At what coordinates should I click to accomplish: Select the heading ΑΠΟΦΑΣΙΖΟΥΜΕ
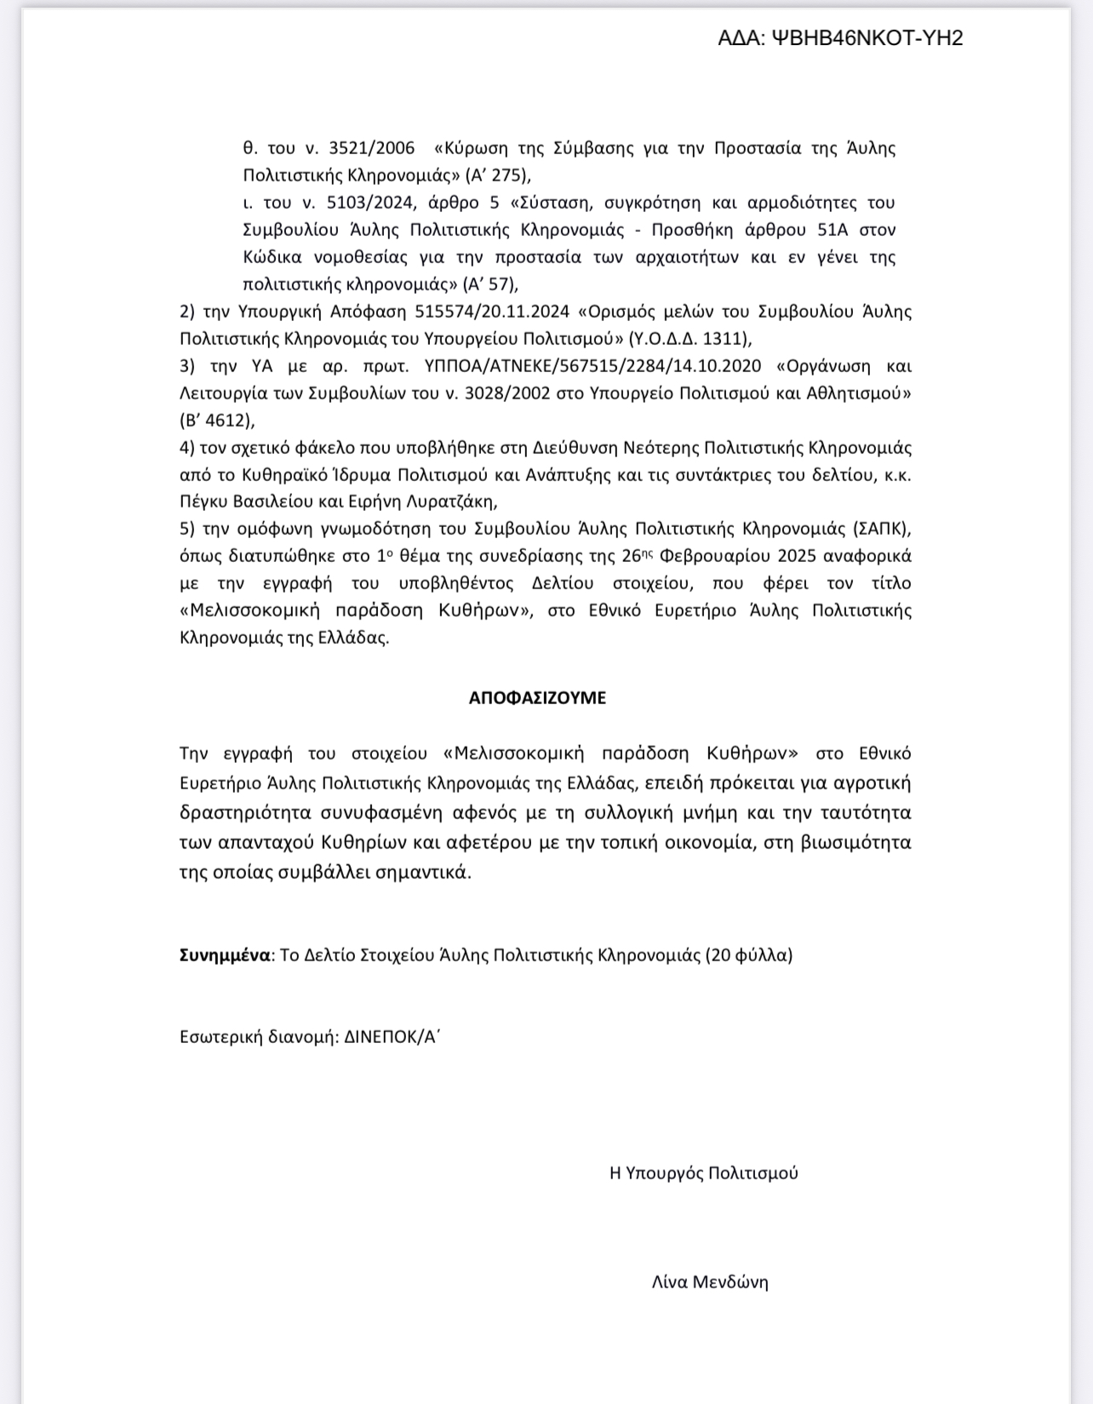tap(537, 698)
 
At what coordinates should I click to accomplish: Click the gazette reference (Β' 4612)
tap(217, 421)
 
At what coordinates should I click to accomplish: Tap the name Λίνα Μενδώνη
tap(710, 1282)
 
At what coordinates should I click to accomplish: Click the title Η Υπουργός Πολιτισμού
tap(704, 1173)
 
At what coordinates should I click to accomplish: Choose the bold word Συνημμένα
tap(225, 955)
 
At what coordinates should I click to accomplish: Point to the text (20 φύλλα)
tap(748, 955)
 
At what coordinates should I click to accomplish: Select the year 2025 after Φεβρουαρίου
tap(796, 556)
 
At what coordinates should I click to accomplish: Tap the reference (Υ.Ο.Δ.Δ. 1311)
tap(690, 339)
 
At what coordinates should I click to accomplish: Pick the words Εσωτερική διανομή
tap(258, 1037)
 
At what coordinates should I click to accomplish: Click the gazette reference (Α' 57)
tap(491, 284)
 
